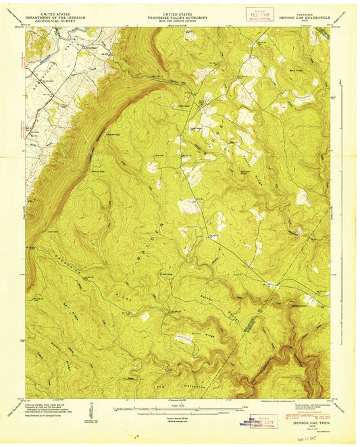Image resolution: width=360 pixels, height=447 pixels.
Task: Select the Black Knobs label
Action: coord(293,70)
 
